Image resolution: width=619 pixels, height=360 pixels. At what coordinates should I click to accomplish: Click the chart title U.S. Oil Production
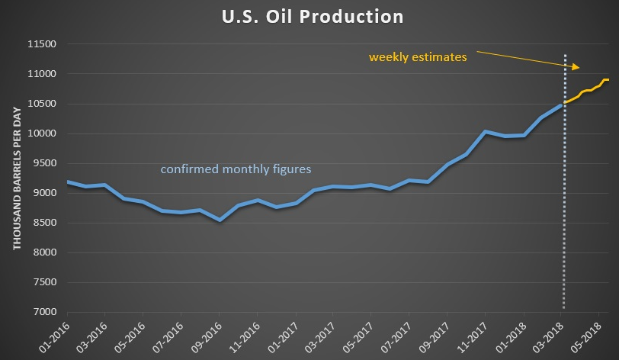tap(309, 16)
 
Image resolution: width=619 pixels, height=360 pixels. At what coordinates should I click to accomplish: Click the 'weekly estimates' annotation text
tap(418, 57)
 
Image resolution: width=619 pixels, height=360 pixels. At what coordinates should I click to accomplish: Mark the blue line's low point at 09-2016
tap(220, 220)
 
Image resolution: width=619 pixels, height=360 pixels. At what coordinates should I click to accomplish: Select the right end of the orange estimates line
tap(608, 79)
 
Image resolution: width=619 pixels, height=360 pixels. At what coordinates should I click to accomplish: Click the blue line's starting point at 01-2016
tap(68, 182)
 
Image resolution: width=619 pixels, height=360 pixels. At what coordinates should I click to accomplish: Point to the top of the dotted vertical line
tap(564, 55)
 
